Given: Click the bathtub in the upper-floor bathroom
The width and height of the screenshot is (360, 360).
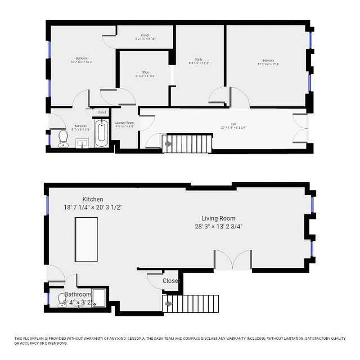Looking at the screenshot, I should pyautogui.click(x=102, y=133).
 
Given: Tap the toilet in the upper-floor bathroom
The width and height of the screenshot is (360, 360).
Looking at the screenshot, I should pyautogui.click(x=63, y=139).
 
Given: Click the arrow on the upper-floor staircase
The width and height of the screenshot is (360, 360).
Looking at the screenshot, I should pyautogui.click(x=169, y=144).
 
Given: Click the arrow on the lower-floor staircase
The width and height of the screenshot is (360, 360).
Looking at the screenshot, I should pyautogui.click(x=169, y=304).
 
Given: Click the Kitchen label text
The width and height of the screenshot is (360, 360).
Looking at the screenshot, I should pyautogui.click(x=93, y=199).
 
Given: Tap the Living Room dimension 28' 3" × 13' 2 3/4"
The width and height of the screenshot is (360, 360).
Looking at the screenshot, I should pyautogui.click(x=218, y=226).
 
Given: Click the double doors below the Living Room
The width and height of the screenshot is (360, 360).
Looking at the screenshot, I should pyautogui.click(x=232, y=260).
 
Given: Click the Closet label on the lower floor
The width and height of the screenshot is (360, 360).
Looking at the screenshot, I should pyautogui.click(x=171, y=281).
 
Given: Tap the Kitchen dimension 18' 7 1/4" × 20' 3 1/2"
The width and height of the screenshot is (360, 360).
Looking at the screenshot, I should pyautogui.click(x=93, y=207).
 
